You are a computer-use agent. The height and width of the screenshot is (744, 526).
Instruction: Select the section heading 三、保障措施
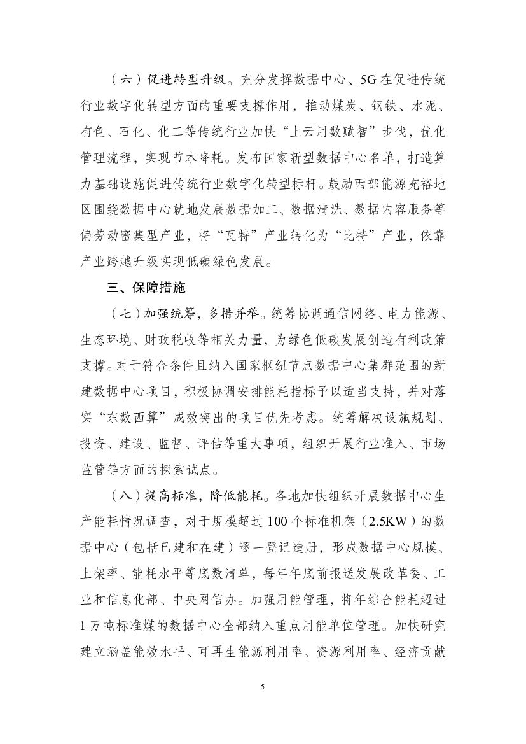146,288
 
